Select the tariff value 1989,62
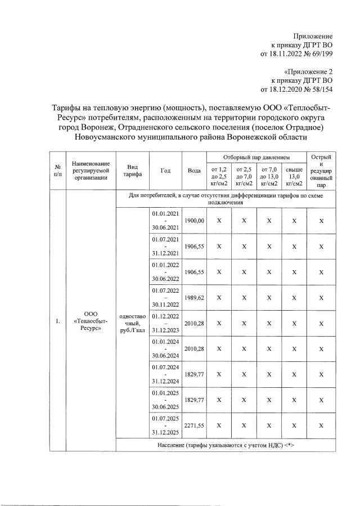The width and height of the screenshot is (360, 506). [x=195, y=297]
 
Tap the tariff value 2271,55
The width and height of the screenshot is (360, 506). [x=195, y=425]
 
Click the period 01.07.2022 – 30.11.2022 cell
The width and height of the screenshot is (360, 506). [x=165, y=297]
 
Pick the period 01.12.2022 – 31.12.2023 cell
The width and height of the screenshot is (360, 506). [x=165, y=323]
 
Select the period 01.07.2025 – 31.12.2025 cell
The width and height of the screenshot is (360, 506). [x=165, y=425]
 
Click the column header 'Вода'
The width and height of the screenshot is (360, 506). [x=195, y=171]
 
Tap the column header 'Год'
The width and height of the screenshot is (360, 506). [x=165, y=171]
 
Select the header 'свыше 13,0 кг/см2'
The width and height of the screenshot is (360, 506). [x=294, y=176]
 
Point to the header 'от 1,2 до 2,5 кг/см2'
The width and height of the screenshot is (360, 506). [x=218, y=176]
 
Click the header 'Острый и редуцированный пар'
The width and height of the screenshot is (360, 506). [x=321, y=171]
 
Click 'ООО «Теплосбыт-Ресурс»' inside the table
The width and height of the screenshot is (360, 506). [x=91, y=322]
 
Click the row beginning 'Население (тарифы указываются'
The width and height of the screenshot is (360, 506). [x=226, y=445]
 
